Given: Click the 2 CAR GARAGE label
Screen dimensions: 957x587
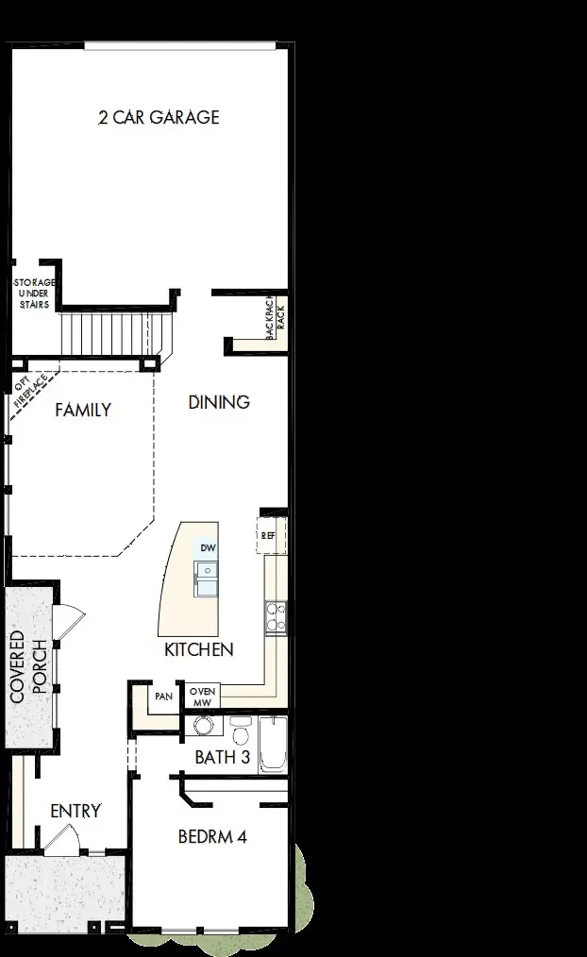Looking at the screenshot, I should pos(159,117).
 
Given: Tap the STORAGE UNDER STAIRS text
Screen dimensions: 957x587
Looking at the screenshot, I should pos(34,293).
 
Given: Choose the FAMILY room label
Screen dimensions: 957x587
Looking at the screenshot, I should pos(82,410).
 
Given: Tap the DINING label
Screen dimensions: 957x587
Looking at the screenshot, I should pos(219,402).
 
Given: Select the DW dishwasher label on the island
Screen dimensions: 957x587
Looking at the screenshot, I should pos(208,547).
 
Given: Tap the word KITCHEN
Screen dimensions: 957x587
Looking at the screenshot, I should pos(198,649).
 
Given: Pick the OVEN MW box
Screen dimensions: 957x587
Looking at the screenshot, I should pos(204,697).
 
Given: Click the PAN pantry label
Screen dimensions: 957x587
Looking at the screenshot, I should pos(162,697).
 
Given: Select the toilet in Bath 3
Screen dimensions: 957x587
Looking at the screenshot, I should pos(240,733).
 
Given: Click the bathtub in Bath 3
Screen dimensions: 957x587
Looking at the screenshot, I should pos(273,745).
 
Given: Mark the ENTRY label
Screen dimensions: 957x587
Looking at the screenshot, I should pos(75,811).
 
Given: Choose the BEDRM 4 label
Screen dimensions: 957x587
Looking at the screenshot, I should pos(212,836).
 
